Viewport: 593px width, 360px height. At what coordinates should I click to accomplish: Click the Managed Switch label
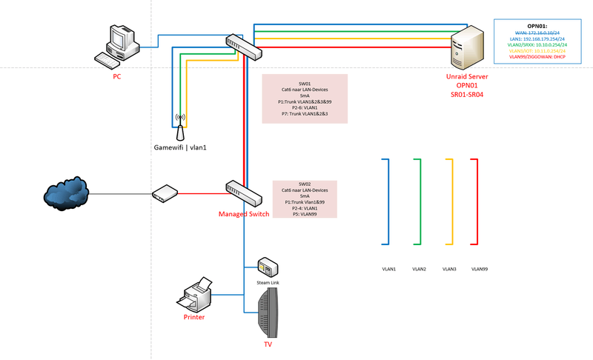(x=245, y=214)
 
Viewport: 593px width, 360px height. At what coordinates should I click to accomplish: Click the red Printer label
(x=194, y=317)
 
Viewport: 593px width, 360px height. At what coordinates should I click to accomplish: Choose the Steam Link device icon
(x=266, y=267)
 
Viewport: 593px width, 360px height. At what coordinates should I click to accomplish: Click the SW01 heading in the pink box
(x=305, y=84)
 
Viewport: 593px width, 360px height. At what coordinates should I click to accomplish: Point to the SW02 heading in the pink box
(x=305, y=184)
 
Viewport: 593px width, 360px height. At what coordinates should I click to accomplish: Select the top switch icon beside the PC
(x=244, y=46)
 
